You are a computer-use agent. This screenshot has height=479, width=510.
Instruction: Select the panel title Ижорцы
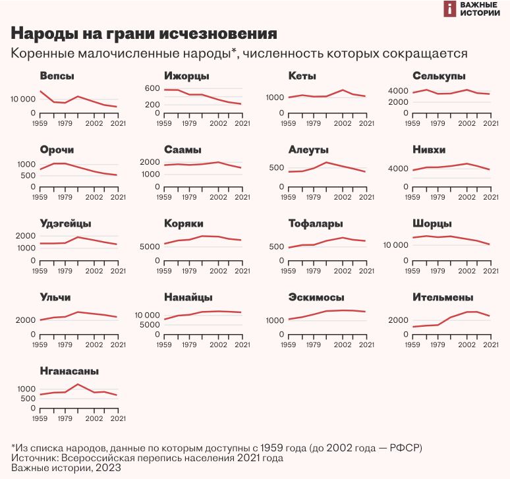coord(186,76)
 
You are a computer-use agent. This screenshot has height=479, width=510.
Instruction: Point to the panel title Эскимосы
coord(316,298)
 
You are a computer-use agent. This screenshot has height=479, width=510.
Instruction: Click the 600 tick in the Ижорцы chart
coord(152,89)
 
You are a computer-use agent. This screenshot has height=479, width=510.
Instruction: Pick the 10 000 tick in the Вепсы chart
coord(24,99)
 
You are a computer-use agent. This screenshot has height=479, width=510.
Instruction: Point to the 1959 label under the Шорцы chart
coord(413,271)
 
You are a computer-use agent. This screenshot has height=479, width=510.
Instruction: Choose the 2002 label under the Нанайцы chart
coord(218,345)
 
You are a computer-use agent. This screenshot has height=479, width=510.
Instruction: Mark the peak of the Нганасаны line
coord(78,383)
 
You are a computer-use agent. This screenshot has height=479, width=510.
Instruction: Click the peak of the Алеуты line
coord(326,162)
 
